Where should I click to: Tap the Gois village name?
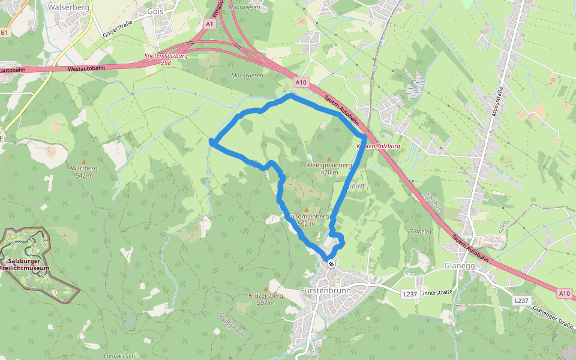click(x=155, y=11)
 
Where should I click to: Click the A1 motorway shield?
click(x=209, y=24)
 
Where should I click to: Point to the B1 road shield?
click(x=5, y=33)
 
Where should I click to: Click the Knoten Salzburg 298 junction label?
click(x=166, y=59)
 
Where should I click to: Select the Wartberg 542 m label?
click(x=84, y=172)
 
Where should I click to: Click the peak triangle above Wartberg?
click(x=84, y=161)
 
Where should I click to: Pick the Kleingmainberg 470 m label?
click(x=329, y=168)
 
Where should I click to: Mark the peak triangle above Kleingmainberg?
click(x=329, y=158)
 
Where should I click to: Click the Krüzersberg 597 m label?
click(x=266, y=299)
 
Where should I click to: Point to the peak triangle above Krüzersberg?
click(x=266, y=289)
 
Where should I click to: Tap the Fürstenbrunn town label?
click(x=325, y=291)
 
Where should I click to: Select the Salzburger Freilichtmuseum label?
click(x=28, y=265)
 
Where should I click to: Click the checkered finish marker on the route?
click(x=331, y=263)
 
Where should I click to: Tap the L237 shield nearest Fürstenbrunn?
click(x=410, y=293)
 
